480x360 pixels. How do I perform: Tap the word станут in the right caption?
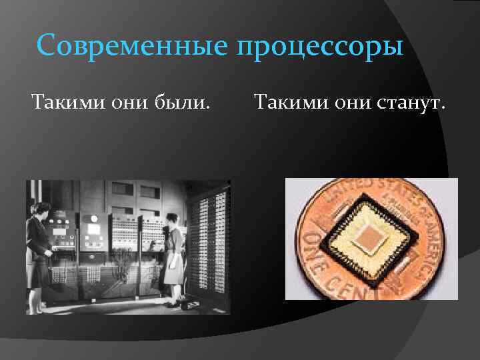pyautogui.click(x=407, y=104)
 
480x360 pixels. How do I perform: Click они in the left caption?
pyautogui.click(x=131, y=104)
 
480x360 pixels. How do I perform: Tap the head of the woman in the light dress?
pyautogui.click(x=171, y=220)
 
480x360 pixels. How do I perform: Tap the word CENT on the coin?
pyautogui.click(x=333, y=283)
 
